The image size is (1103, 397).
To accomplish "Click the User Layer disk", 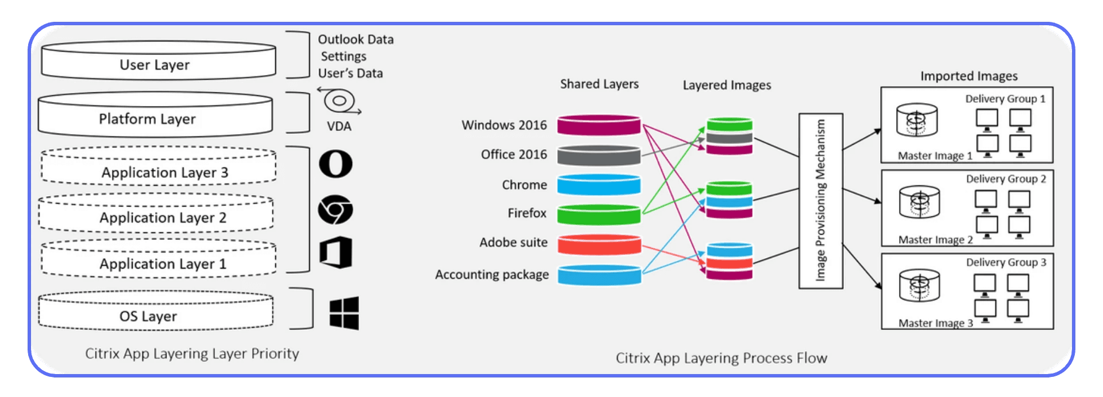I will click(x=158, y=61).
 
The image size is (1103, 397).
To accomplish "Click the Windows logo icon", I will click(x=344, y=313).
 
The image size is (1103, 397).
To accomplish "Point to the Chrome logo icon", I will click(x=335, y=209).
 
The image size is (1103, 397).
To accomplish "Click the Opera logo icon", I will click(x=335, y=164).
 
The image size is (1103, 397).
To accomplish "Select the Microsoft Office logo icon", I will click(x=336, y=252).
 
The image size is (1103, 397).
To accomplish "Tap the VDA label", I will click(x=339, y=126).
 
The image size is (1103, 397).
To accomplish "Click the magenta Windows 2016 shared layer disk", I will click(x=599, y=125).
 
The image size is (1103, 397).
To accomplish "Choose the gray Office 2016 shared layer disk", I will click(x=599, y=155).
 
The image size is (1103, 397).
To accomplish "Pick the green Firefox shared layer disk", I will click(x=599, y=214).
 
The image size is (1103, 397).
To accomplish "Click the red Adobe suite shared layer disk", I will click(x=599, y=244).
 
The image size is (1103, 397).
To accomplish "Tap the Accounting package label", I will click(x=492, y=275).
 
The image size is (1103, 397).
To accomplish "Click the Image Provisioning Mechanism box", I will click(x=820, y=201).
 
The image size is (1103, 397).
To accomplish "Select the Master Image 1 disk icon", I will click(x=917, y=120).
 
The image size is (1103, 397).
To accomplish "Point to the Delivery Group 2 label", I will click(x=1006, y=179).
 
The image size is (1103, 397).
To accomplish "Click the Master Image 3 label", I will click(x=935, y=323).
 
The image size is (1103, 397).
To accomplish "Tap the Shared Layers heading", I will click(x=599, y=84).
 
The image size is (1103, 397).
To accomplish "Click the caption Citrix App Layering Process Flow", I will click(x=721, y=358).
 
